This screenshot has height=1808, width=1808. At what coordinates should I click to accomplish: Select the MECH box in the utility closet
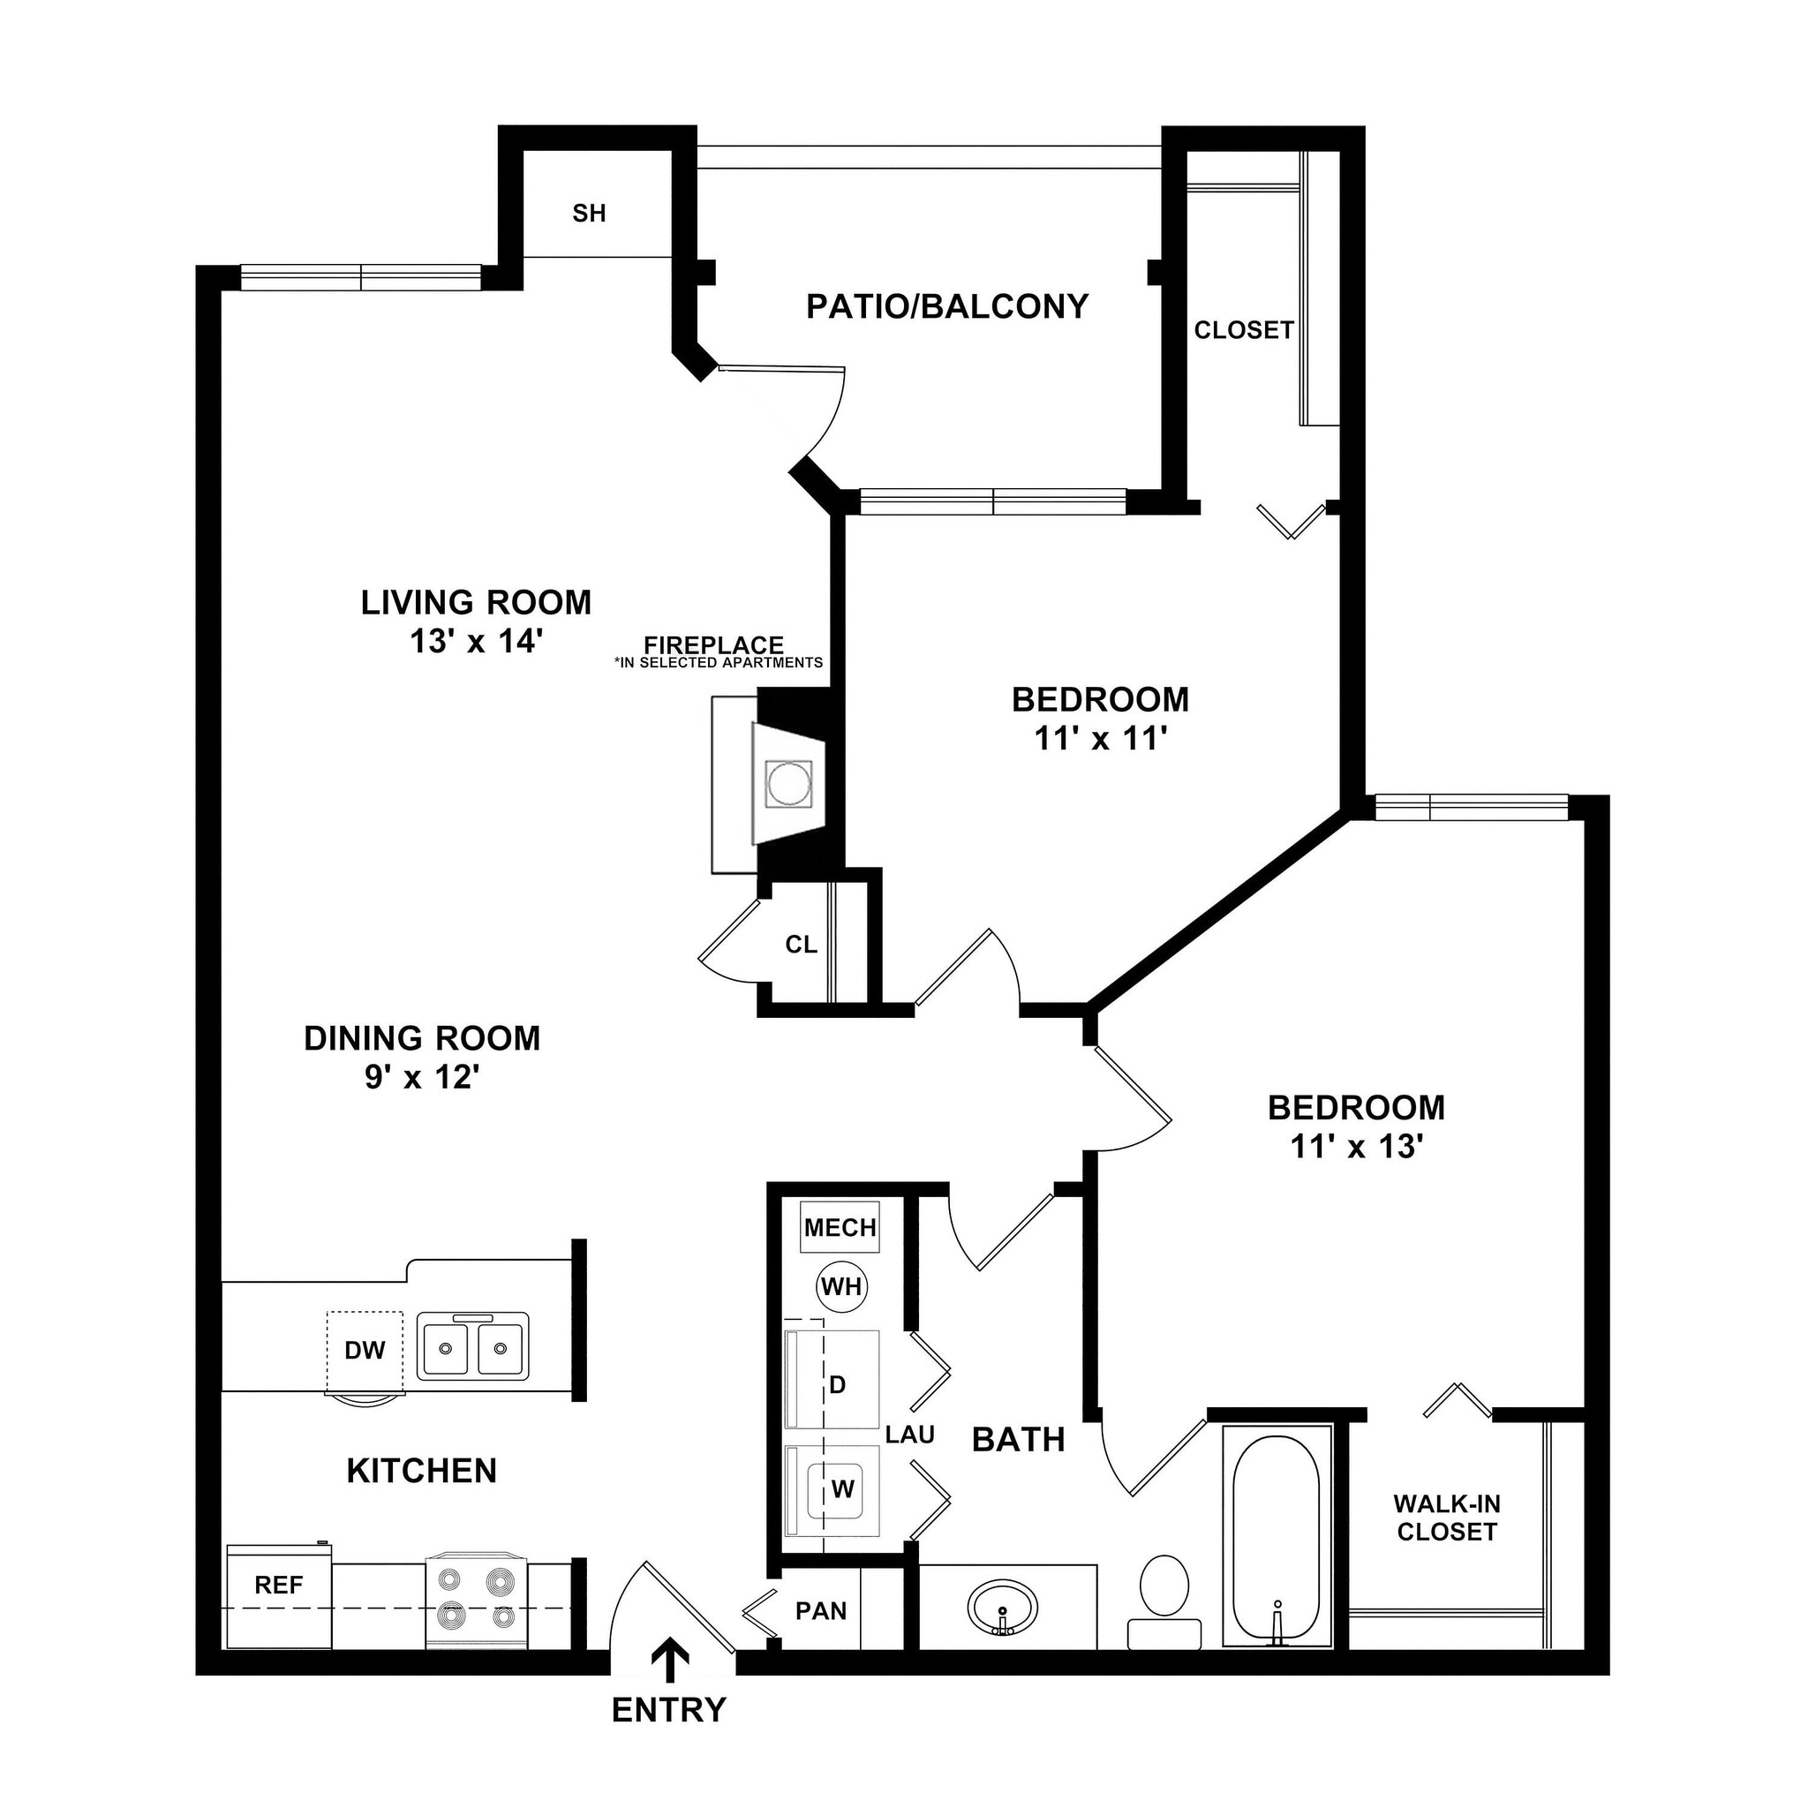(x=840, y=1227)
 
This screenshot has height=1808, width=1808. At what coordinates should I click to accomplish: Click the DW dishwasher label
(x=365, y=1351)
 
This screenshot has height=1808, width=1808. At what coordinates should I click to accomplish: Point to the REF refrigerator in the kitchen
(x=279, y=1586)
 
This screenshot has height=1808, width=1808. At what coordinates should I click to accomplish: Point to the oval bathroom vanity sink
(x=1002, y=1606)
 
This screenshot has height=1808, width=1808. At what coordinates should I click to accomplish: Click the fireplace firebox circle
(x=788, y=783)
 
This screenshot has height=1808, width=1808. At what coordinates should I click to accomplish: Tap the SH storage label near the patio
(x=589, y=214)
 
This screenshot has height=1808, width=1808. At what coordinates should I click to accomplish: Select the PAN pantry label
(x=821, y=1610)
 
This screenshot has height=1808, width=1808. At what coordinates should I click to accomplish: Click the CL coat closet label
(x=801, y=945)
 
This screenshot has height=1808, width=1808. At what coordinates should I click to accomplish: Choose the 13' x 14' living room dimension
(x=477, y=642)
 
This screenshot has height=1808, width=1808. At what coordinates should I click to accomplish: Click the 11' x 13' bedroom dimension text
(x=1356, y=1147)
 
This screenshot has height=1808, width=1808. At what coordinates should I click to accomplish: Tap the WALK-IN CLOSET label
(x=1446, y=1518)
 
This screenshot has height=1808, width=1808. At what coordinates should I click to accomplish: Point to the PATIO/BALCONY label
(x=947, y=306)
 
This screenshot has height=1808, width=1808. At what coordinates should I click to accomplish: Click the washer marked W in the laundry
(x=841, y=1489)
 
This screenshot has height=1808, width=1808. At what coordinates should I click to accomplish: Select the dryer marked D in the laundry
(x=838, y=1384)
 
